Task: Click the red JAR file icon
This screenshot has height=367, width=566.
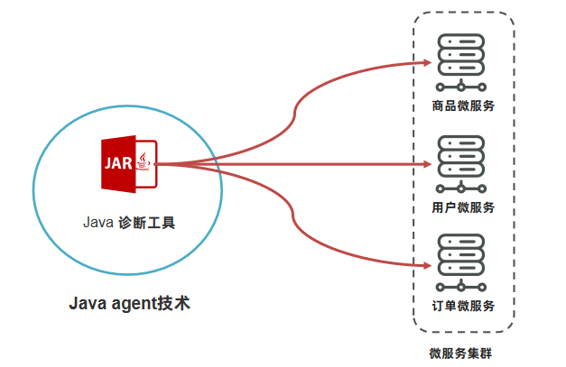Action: tap(130, 163)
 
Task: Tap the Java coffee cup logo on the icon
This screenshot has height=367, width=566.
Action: tap(145, 162)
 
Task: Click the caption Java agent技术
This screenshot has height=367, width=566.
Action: tap(130, 303)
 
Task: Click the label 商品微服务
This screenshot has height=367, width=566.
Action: tap(463, 106)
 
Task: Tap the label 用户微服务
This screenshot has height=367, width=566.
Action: tap(463, 207)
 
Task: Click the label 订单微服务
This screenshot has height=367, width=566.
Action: tap(463, 306)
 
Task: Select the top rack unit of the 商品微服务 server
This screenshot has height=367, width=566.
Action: tap(461, 41)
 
